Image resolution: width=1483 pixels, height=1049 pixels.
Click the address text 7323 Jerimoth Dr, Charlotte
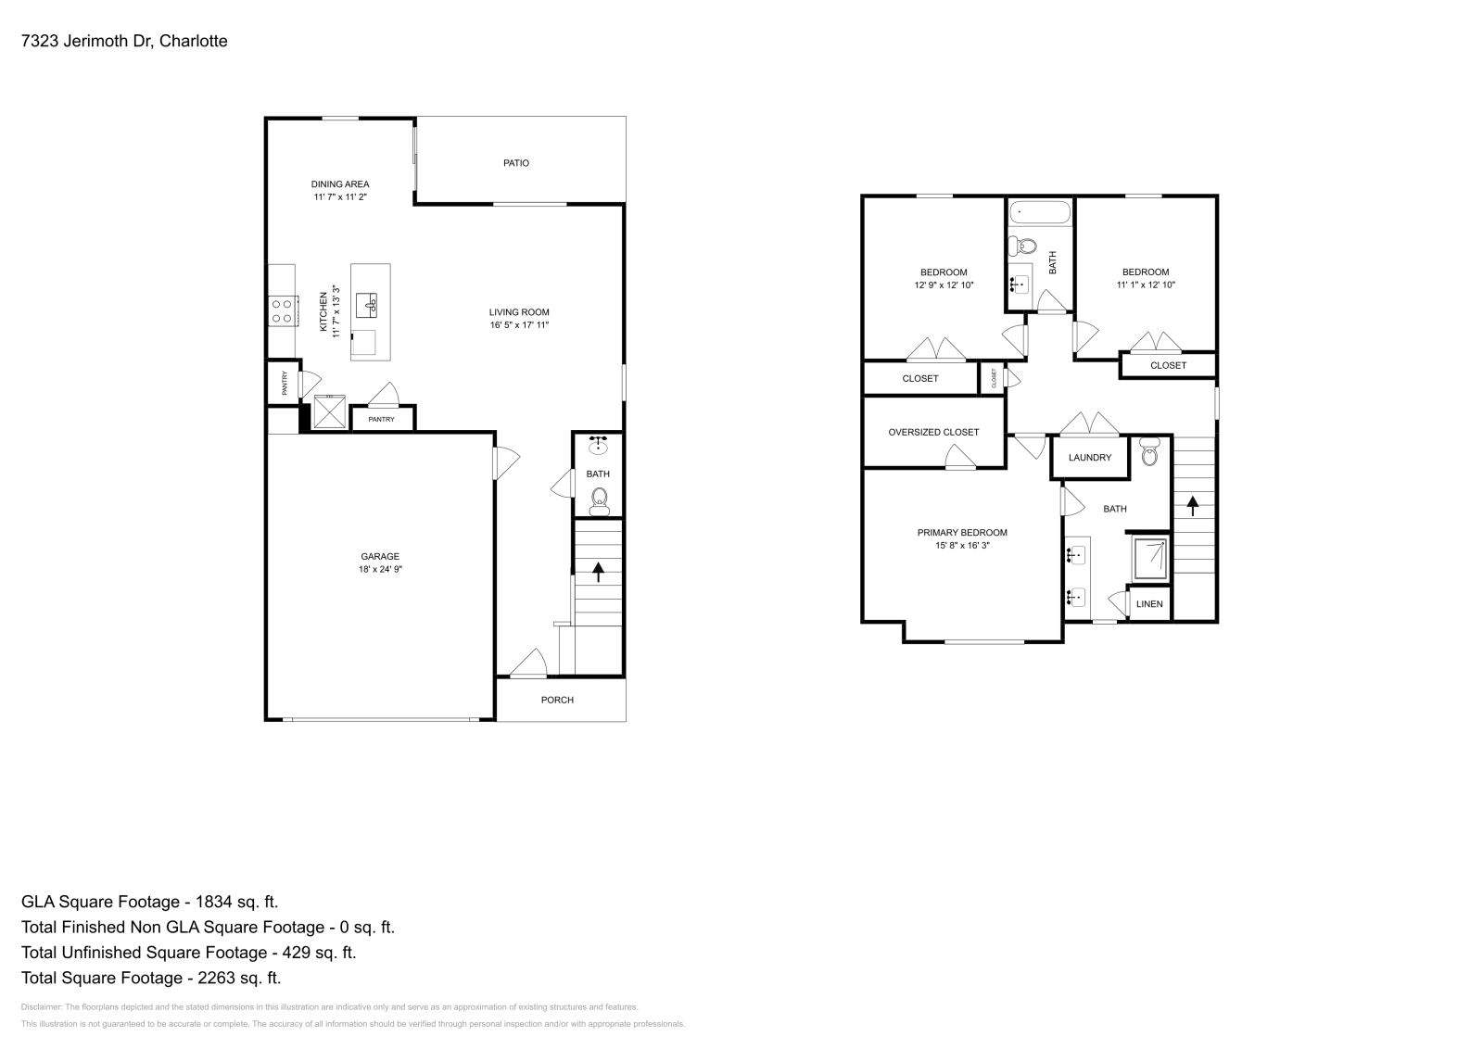click(x=124, y=41)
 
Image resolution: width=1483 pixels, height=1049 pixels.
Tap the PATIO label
click(x=516, y=163)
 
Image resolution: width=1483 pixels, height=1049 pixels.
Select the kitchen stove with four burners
click(x=283, y=310)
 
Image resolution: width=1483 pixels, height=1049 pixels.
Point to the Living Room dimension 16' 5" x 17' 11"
click(x=520, y=325)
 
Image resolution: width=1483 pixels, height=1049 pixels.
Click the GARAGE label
click(x=380, y=557)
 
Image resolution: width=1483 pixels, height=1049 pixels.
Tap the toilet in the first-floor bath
click(x=599, y=501)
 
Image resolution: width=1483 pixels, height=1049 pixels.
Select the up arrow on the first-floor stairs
click(x=598, y=571)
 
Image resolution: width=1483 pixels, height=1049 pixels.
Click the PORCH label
click(x=557, y=700)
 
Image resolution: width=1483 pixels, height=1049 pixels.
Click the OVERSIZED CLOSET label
click(x=933, y=432)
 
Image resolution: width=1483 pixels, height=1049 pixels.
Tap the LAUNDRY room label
click(x=1089, y=458)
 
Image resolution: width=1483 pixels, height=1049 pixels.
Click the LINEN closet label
click(x=1149, y=604)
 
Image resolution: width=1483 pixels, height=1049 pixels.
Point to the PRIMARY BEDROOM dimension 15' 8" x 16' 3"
click(x=962, y=546)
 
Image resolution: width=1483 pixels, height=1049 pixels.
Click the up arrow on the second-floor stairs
click(x=1193, y=505)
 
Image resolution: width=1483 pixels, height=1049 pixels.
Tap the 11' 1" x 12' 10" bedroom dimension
click(x=1146, y=285)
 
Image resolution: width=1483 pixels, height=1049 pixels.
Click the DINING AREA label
click(x=340, y=184)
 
